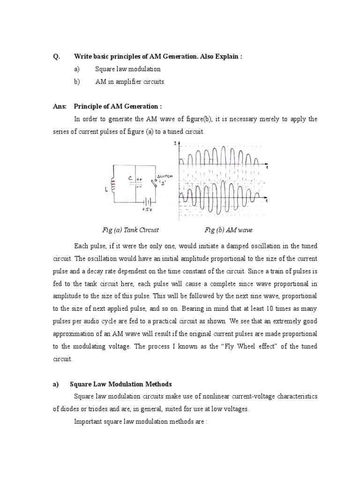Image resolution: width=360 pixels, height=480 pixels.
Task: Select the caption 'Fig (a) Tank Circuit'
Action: tap(130, 230)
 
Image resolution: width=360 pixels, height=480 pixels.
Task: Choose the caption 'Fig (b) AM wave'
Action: tap(228, 230)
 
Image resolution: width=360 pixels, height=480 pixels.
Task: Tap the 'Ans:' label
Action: tap(59, 107)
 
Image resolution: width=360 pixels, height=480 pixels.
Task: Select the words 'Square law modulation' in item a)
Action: tap(128, 69)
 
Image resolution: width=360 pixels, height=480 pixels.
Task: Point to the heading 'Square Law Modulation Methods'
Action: tap(120, 384)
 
